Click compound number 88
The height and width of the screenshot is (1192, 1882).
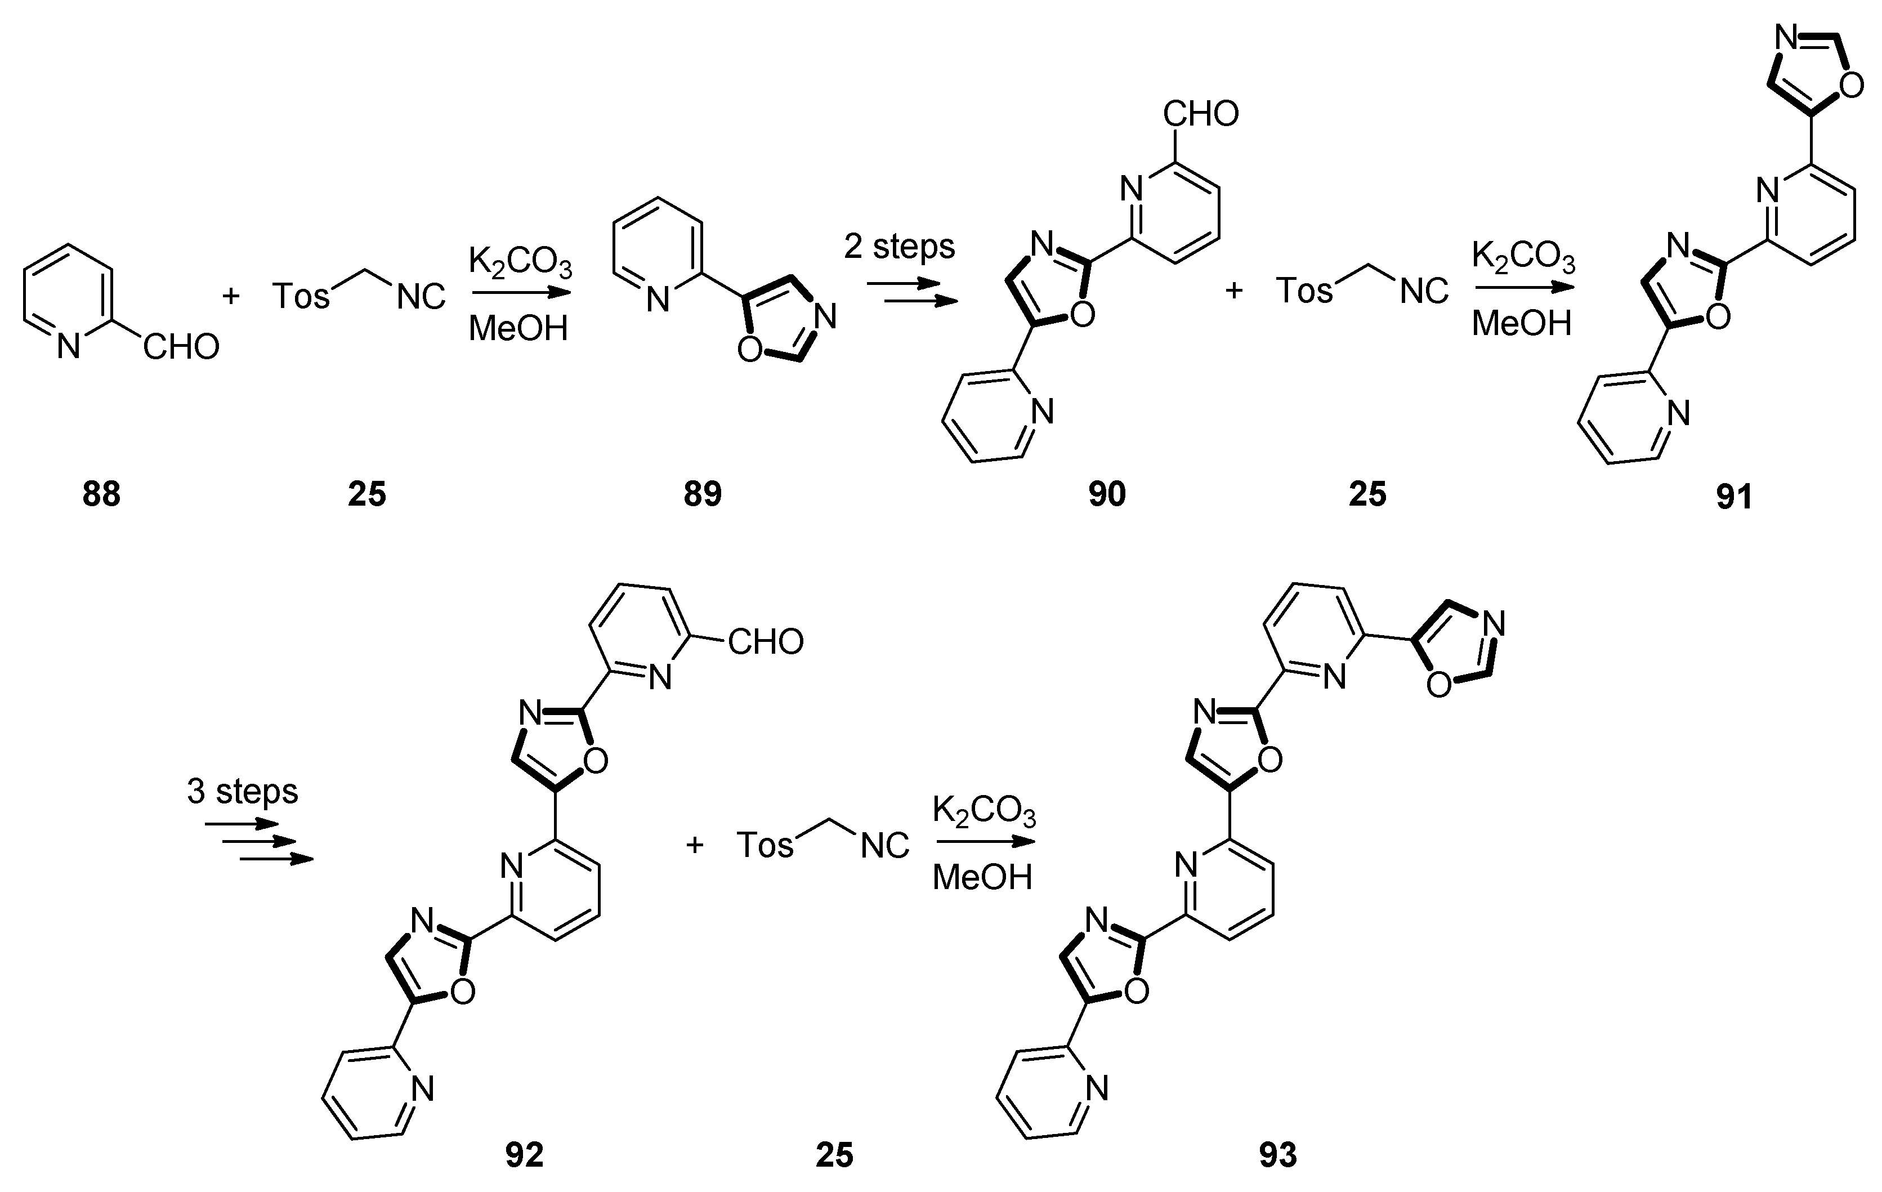[101, 495]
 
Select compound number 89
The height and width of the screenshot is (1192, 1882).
[703, 495]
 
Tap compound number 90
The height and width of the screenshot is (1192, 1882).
[1107, 495]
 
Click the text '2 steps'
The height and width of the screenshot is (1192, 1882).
[900, 247]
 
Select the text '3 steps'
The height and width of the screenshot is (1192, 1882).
[242, 791]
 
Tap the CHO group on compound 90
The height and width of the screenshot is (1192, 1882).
[1200, 114]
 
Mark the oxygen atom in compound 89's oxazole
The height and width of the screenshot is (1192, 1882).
[749, 350]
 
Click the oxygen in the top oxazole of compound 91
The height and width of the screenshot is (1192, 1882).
[1852, 86]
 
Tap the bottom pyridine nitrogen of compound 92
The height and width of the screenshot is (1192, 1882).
[423, 1088]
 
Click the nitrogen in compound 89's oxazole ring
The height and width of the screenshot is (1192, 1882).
[825, 316]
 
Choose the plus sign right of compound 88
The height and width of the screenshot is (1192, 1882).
[231, 296]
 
